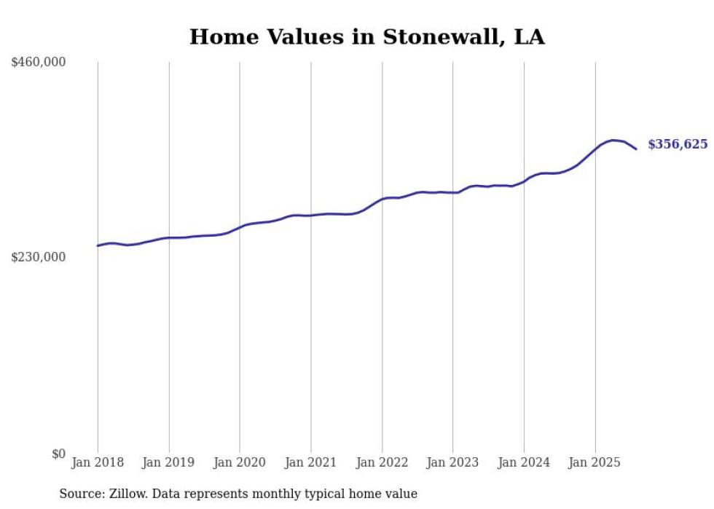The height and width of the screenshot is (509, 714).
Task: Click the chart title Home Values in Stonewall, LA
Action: tap(366, 36)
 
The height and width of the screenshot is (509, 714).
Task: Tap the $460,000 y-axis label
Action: tap(39, 63)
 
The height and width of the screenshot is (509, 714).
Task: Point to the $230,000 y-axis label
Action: tap(39, 257)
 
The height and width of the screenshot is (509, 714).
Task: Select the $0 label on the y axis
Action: tap(58, 454)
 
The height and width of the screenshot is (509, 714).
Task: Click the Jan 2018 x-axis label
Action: tap(98, 462)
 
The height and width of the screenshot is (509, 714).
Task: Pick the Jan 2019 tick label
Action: tap(169, 462)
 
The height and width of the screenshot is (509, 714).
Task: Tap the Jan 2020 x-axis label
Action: tap(240, 462)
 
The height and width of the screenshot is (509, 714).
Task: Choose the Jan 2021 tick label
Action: tap(311, 462)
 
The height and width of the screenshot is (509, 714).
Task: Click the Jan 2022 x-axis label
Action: tap(382, 462)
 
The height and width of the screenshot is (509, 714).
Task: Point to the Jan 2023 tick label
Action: tap(453, 462)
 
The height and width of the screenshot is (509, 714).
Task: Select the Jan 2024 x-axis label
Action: tap(524, 462)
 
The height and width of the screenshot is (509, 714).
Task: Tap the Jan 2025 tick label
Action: tap(595, 462)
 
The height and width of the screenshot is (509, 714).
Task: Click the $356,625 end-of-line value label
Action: tap(678, 144)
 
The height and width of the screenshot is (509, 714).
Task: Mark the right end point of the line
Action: tap(637, 149)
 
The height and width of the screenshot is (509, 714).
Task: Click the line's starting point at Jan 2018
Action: tap(98, 245)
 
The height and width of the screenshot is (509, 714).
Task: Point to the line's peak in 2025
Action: tap(613, 140)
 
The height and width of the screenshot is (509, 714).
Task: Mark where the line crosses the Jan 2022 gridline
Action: tap(382, 199)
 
